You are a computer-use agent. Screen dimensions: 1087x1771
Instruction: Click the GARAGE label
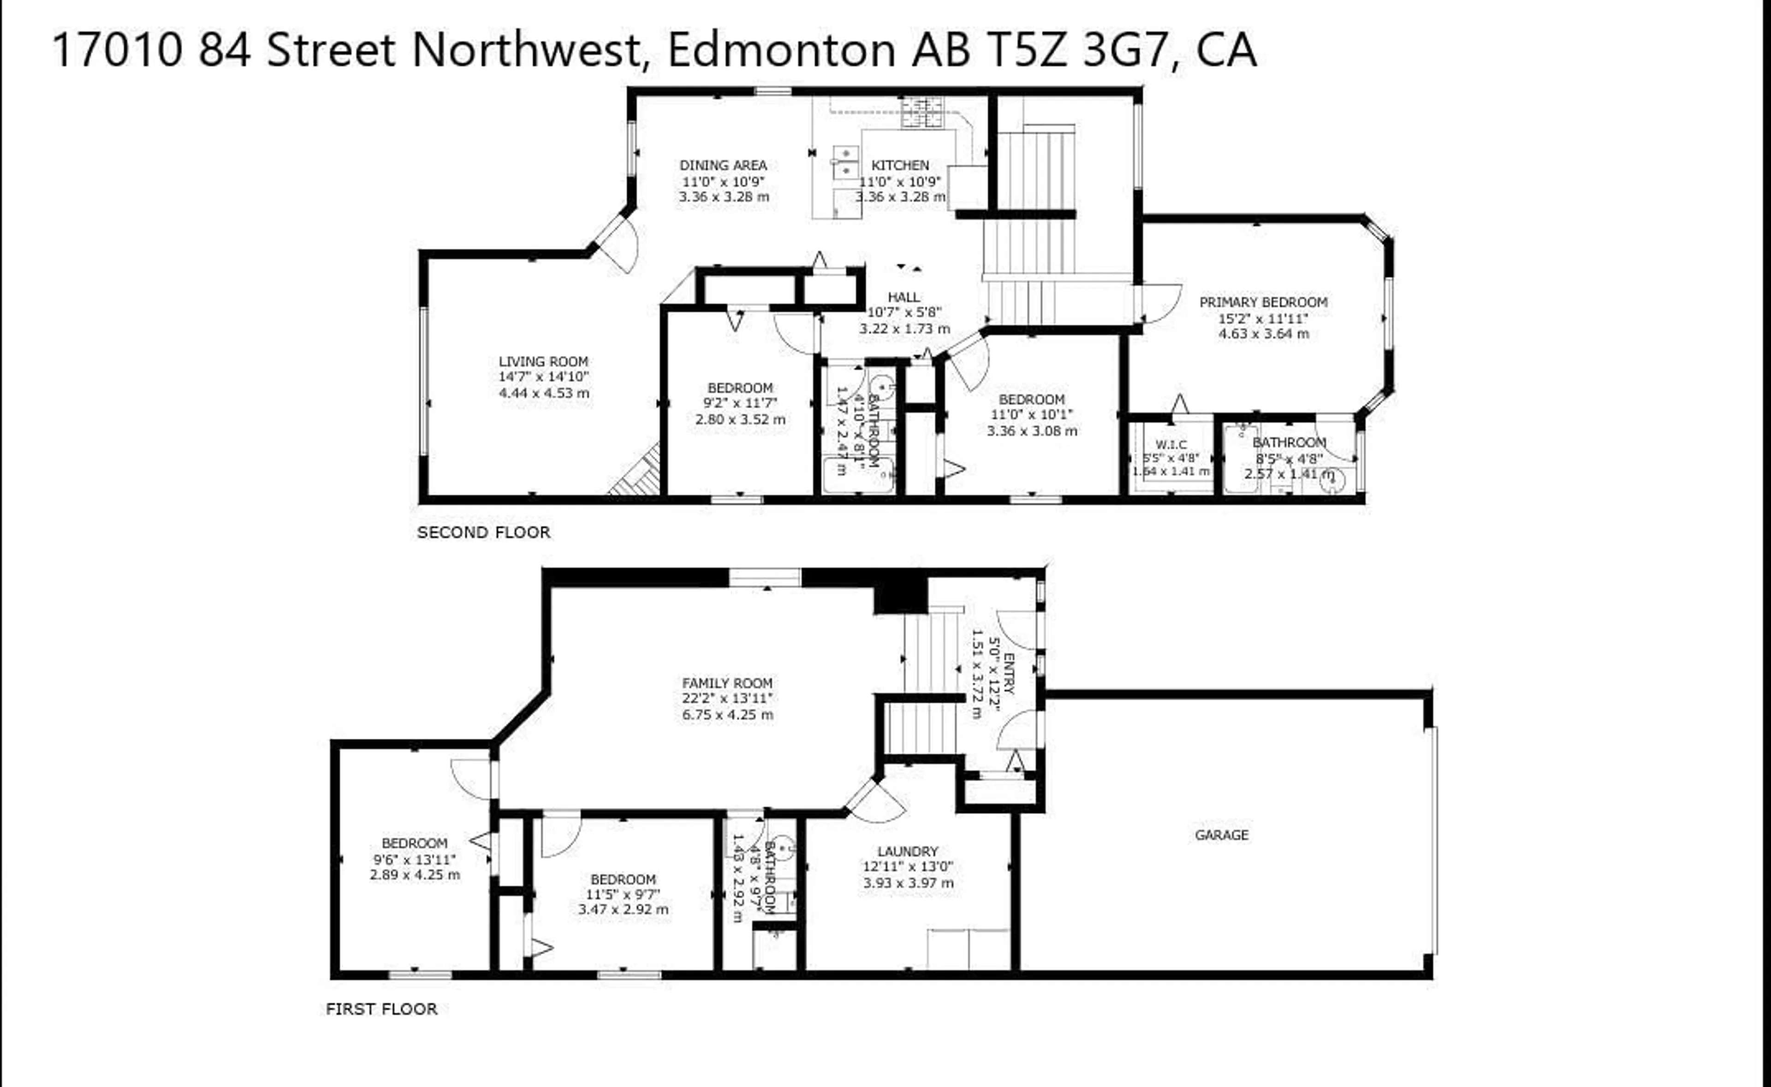1221,835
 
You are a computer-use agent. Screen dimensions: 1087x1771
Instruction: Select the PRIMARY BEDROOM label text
1263,302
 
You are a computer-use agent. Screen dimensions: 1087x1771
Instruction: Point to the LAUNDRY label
908,851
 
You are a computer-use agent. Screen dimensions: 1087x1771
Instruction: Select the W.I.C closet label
1171,444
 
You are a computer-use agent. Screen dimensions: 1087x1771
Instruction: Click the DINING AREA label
723,165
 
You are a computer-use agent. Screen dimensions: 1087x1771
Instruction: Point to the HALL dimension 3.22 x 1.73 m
904,328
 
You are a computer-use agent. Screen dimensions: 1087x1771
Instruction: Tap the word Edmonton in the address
781,50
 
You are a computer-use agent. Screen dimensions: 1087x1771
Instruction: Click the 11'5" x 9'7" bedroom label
623,879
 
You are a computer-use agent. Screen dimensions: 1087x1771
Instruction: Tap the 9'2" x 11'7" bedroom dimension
740,403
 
